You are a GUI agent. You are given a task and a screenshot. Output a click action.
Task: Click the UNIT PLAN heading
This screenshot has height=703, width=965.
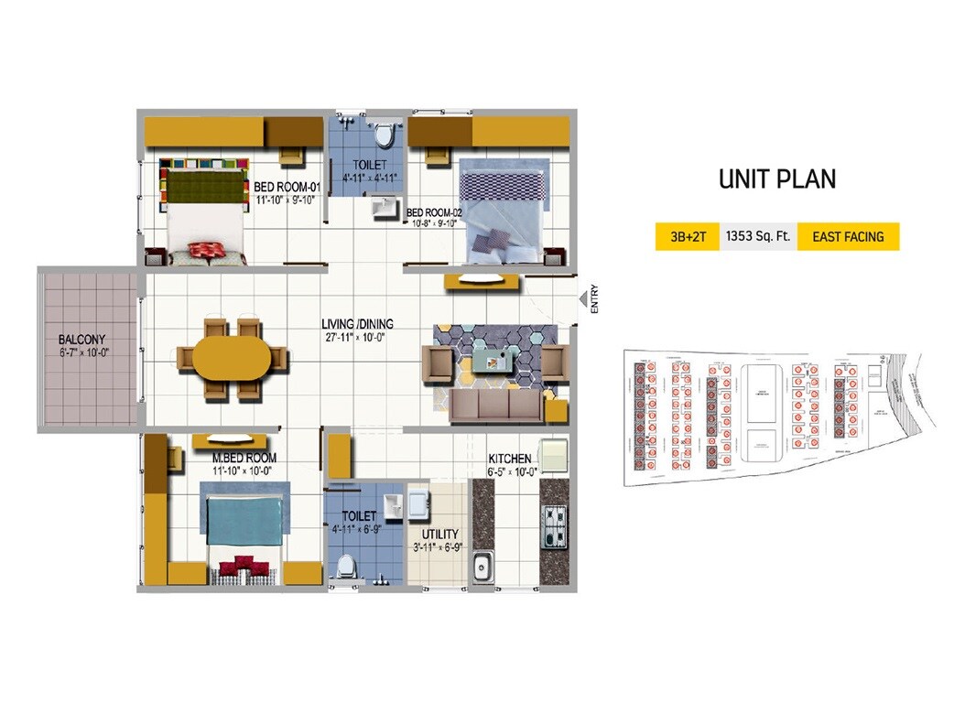776,178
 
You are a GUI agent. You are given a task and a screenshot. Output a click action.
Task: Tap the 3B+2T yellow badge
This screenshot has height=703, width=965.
687,236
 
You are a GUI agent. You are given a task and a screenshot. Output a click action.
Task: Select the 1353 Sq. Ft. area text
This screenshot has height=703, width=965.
759,236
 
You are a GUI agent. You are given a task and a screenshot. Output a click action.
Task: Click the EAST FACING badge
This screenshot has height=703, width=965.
848,236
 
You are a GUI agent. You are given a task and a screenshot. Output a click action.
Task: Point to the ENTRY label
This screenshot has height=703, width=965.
594,301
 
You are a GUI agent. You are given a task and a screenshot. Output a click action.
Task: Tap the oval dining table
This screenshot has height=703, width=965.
232,357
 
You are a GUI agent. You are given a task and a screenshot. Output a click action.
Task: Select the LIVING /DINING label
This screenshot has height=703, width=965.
357,324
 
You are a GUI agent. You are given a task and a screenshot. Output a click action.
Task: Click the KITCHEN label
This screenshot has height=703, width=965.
510,459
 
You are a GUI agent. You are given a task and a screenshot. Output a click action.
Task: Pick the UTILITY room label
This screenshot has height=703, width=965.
439,534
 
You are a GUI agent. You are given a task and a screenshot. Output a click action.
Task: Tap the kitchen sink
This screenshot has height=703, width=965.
482,568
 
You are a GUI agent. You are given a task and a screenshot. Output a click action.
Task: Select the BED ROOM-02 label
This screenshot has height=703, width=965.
434,211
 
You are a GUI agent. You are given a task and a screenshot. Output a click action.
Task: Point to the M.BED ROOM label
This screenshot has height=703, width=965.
244,458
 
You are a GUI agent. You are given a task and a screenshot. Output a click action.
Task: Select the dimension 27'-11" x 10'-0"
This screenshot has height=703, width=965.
357,337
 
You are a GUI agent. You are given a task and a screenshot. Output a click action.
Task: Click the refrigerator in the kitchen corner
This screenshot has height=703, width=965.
554,455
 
